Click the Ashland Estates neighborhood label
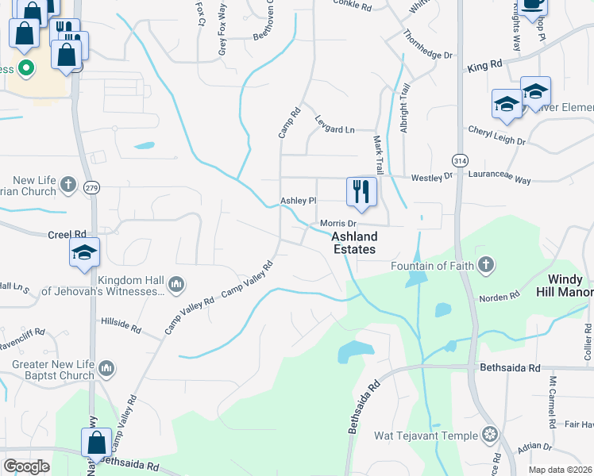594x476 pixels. (x=354, y=243)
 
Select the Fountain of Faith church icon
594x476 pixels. (x=484, y=265)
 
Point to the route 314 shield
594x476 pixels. (x=459, y=160)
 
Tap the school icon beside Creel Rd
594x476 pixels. (x=84, y=254)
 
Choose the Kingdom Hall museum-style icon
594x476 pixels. (x=176, y=284)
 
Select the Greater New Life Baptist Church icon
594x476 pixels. (x=107, y=368)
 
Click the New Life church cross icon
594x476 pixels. (x=68, y=185)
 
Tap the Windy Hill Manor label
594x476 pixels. (x=571, y=286)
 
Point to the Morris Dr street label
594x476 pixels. (x=337, y=224)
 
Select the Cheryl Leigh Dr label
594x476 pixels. (x=496, y=135)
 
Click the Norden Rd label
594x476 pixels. (x=499, y=296)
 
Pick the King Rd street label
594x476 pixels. (x=485, y=65)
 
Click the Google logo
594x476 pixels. (x=26, y=466)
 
